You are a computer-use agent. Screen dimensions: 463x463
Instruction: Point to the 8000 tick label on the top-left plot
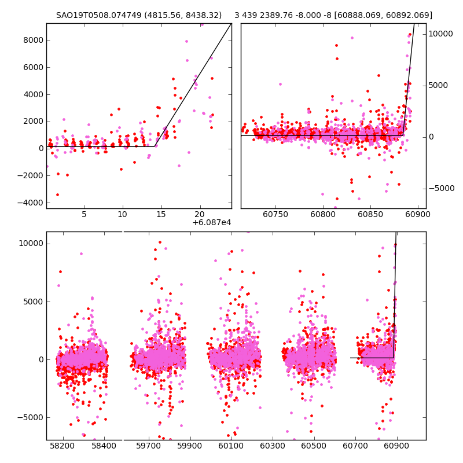point(32,40)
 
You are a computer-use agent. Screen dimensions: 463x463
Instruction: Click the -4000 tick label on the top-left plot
point(30,203)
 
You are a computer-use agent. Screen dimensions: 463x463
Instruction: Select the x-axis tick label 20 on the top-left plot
point(200,214)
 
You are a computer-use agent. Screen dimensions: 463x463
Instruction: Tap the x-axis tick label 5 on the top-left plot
point(84,214)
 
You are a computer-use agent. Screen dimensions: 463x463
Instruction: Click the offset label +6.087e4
point(212,222)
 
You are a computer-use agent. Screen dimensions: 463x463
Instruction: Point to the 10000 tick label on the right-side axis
point(441,34)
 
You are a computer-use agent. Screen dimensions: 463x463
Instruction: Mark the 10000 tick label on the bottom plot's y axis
point(31,243)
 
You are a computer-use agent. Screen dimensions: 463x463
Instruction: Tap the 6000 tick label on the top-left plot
point(32,67)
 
